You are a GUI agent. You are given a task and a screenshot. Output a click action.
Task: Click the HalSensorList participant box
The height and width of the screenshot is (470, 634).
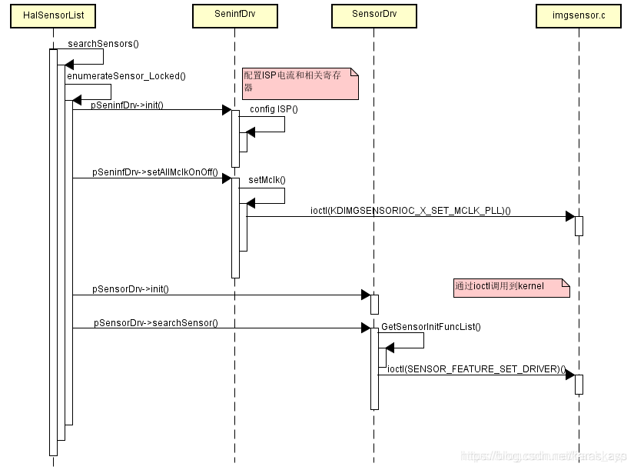coord(53,15)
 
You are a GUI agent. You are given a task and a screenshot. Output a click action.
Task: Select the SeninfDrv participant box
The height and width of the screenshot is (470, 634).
coord(235,15)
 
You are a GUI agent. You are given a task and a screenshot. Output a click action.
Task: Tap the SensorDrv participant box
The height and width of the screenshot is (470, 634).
coord(373,15)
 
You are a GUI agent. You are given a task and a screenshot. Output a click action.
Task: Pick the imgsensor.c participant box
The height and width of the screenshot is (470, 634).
coord(579,15)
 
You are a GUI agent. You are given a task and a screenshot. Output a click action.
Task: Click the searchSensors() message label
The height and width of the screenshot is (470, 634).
coord(103,43)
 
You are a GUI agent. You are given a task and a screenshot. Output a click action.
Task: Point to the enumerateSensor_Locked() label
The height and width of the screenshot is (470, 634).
coord(126,75)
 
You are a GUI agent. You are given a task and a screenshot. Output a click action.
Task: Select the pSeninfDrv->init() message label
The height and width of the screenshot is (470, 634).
coord(128,104)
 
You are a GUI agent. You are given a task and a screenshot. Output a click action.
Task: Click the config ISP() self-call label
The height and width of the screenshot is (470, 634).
coord(274,109)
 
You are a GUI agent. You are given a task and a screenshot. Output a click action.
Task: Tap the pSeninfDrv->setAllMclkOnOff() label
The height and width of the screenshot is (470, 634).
coord(155,172)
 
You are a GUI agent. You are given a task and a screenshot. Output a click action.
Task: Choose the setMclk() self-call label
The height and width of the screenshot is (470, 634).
coord(267,180)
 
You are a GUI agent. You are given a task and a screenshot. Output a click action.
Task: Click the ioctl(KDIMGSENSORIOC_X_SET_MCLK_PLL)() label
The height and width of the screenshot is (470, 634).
coord(410,209)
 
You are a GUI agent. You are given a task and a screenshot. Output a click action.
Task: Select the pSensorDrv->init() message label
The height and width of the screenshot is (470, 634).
coord(130,288)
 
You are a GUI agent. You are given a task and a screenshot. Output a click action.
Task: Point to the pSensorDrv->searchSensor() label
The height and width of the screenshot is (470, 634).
coord(156,322)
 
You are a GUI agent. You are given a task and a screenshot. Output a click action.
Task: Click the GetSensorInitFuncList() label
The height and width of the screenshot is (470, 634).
coord(430,326)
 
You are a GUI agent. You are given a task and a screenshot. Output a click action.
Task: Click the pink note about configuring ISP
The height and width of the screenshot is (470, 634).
coord(300,83)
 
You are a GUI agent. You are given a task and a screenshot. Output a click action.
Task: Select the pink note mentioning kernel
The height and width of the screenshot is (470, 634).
coord(510,286)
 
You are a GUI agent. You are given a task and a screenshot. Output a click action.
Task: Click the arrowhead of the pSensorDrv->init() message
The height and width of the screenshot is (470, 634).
coord(366,295)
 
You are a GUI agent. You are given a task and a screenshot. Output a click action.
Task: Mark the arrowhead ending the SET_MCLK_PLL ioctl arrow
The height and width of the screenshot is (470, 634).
coord(570,216)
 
